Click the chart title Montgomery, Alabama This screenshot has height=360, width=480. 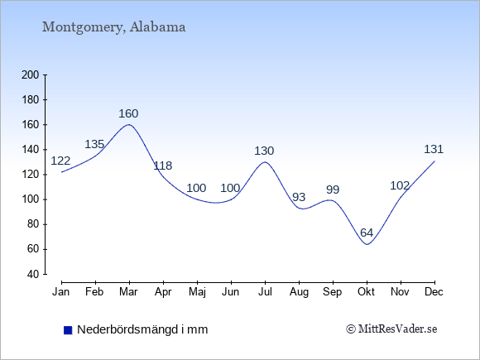[113, 27]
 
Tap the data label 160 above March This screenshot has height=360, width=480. [128, 114]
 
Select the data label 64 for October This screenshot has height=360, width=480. [367, 233]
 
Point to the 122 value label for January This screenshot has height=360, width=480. [60, 161]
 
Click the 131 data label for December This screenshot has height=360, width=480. [434, 150]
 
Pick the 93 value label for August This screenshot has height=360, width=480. [299, 197]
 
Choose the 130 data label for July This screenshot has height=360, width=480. [264, 151]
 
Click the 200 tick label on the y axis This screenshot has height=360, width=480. [31, 75]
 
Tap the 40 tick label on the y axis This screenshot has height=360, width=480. [33, 274]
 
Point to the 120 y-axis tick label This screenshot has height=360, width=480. [31, 175]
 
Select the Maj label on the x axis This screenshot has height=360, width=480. [197, 292]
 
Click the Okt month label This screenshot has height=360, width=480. [367, 292]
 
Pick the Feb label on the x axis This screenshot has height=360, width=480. [94, 292]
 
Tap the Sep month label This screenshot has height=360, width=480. [333, 292]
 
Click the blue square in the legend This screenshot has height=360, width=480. [68, 330]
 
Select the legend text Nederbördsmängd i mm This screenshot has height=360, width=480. [142, 329]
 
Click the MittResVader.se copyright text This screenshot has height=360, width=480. [391, 329]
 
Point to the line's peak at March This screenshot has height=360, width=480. [129, 124]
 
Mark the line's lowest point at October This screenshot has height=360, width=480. [367, 244]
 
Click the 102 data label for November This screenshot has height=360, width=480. [400, 186]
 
